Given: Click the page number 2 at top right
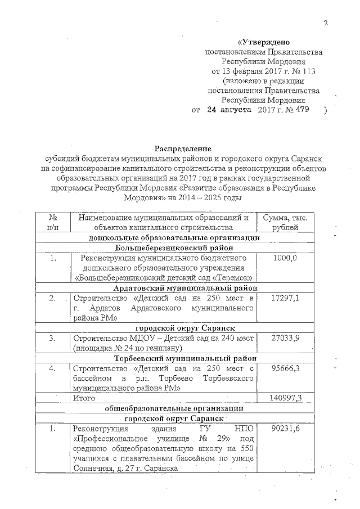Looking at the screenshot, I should (325, 22).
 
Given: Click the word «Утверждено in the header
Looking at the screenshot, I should (263, 42).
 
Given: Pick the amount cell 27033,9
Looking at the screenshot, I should (288, 338).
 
